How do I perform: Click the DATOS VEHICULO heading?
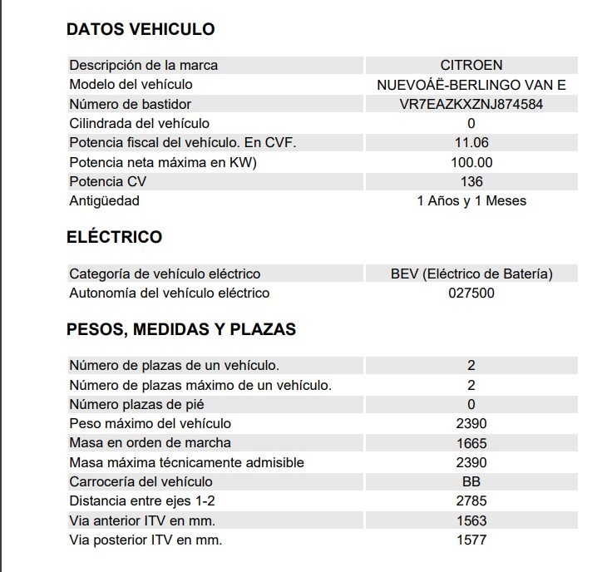pyautogui.click(x=140, y=29)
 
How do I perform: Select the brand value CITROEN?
pyautogui.click(x=471, y=65)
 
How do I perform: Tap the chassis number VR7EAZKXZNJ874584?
pyautogui.click(x=471, y=104)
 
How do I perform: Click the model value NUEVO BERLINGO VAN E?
pyautogui.click(x=471, y=85)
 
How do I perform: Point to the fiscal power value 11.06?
pyautogui.click(x=471, y=142)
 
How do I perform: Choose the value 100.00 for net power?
pyautogui.click(x=471, y=162)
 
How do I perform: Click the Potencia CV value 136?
pyautogui.click(x=471, y=181)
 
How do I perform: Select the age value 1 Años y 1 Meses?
pyautogui.click(x=471, y=200)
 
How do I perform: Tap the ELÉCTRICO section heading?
pyautogui.click(x=114, y=237)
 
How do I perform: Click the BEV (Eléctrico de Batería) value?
pyautogui.click(x=471, y=274)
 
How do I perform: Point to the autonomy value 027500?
pyautogui.click(x=471, y=293)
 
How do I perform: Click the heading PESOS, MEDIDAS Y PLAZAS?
pyautogui.click(x=180, y=329)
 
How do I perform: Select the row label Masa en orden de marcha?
pyautogui.click(x=150, y=442)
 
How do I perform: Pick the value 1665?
pyautogui.click(x=471, y=443)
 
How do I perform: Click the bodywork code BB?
pyautogui.click(x=471, y=481)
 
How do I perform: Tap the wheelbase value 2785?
pyautogui.click(x=471, y=500)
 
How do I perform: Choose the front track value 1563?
pyautogui.click(x=471, y=520)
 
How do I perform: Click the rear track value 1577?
pyautogui.click(x=471, y=540)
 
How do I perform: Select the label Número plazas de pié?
pyautogui.click(x=136, y=404)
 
